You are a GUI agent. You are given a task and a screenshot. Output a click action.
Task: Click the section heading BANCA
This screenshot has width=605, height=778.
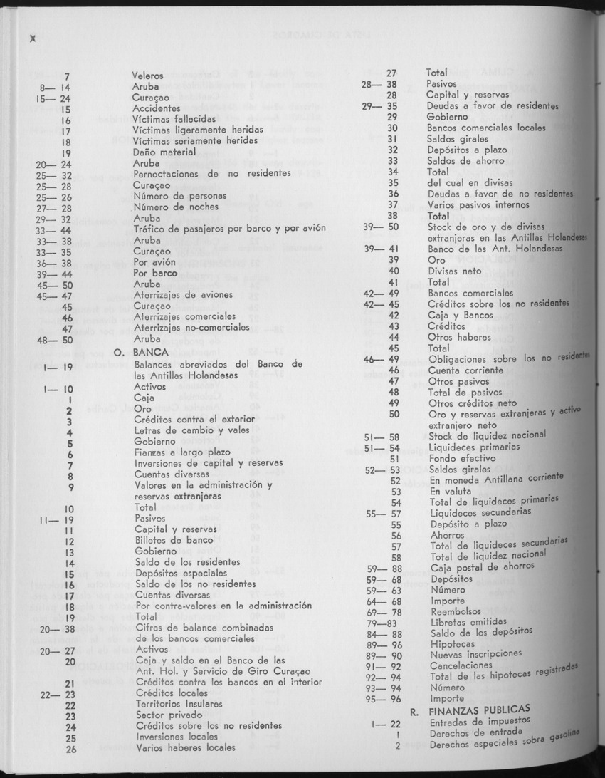152,352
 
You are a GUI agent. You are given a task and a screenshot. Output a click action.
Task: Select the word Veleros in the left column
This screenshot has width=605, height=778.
147,75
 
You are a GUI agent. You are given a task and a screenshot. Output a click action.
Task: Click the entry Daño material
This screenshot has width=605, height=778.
164,152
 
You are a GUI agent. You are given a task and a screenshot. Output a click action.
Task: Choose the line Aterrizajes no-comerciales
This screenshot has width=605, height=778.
191,328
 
